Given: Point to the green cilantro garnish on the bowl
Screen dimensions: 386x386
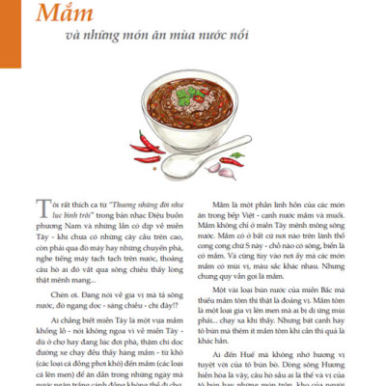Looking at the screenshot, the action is (x=196, y=96).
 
